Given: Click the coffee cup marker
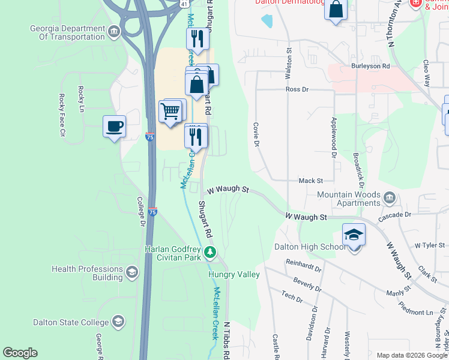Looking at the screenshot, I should click(x=114, y=127).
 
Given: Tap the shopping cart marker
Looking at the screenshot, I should click(x=170, y=111).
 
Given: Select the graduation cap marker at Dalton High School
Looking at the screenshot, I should click(x=354, y=235).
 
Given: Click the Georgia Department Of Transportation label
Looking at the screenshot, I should click(x=67, y=33).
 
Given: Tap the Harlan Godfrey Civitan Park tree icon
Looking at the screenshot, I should click(x=209, y=250).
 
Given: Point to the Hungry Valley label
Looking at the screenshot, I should click(x=234, y=274).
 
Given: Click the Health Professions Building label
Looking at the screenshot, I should click(x=87, y=273).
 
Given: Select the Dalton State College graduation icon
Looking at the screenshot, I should click(x=118, y=322).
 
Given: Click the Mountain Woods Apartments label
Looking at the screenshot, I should click(x=349, y=199).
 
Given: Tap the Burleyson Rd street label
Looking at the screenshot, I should click(x=371, y=66).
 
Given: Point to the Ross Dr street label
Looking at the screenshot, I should click(x=297, y=89).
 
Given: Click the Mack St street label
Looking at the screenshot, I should click(x=311, y=180).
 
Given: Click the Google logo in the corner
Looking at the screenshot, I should click(x=20, y=353).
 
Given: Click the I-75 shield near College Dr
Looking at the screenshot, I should click(x=152, y=212).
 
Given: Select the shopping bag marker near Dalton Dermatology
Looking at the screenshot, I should click(x=336, y=10).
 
